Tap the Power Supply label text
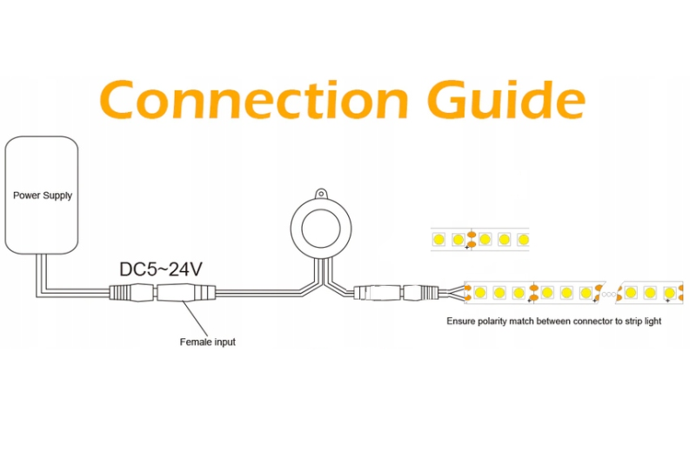tap(43, 196)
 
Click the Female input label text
tap(207, 342)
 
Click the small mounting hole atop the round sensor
tap(320, 194)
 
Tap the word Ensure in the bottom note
tap(462, 321)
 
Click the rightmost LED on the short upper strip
tap(522, 238)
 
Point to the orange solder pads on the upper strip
tap(472, 238)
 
